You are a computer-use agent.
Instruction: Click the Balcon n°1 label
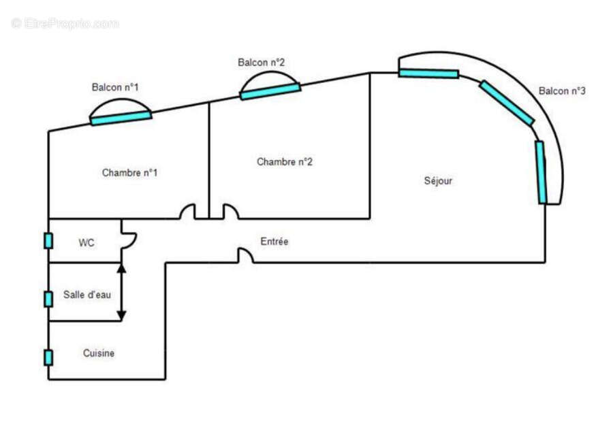[x=116, y=87]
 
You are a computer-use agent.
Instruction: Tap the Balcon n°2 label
[x=261, y=62]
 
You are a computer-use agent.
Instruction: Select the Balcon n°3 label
[x=562, y=91]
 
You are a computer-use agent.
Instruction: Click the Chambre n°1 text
[x=129, y=173]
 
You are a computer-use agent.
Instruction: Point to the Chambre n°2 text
[x=285, y=162]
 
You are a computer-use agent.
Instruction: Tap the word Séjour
[x=438, y=181]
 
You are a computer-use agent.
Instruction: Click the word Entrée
[x=274, y=242]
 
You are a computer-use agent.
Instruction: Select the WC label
[x=87, y=242]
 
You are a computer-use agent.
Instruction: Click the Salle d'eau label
[x=87, y=295]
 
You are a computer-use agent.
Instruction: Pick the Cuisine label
[x=99, y=353]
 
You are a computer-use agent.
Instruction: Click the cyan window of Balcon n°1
[x=121, y=118]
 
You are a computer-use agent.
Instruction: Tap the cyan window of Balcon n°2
[x=270, y=91]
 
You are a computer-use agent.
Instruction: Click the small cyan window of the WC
[x=48, y=240]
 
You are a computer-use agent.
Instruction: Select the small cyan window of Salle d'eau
[x=48, y=299]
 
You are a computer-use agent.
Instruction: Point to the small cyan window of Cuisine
[x=48, y=357]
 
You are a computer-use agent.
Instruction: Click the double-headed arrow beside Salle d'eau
[x=121, y=292]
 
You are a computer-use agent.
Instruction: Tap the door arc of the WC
[x=129, y=240]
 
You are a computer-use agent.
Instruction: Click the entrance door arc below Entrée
[x=246, y=255]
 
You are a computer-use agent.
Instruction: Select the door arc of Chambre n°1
[x=187, y=212]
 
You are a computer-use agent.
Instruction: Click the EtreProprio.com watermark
[x=65, y=24]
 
